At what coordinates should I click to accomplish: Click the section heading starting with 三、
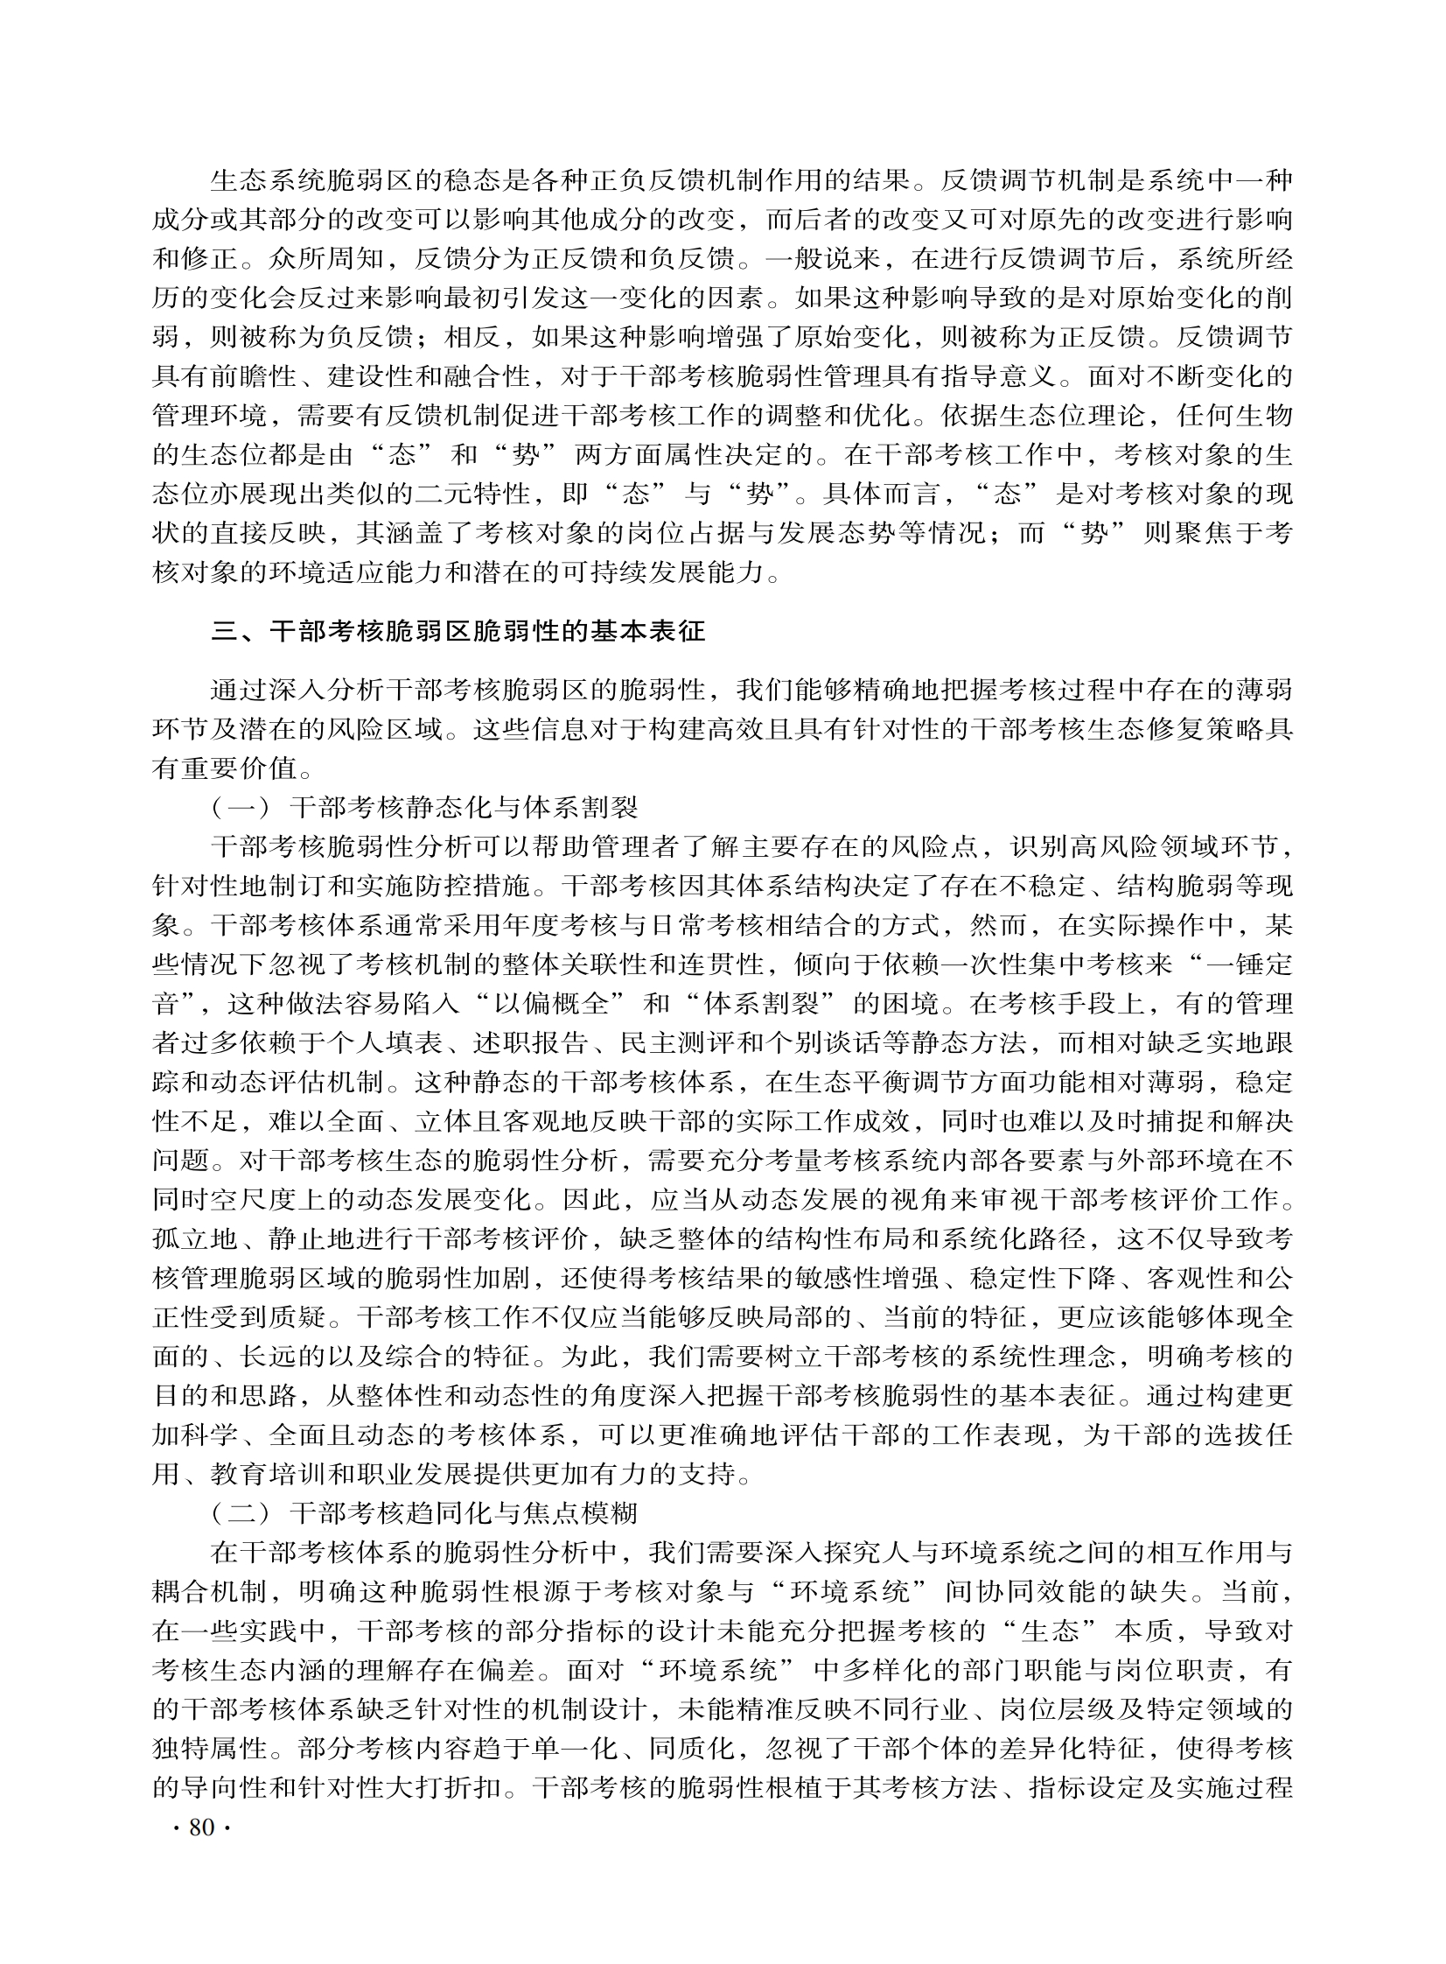pos(458,631)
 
